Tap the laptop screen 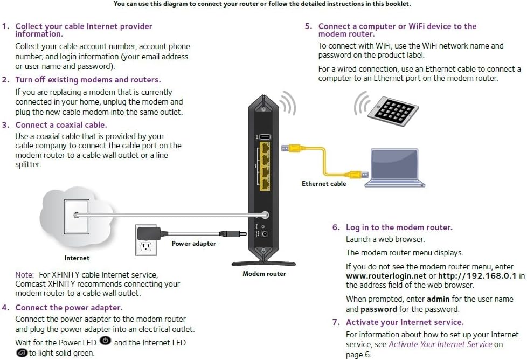[x=394, y=166]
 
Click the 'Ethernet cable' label [x=324, y=184]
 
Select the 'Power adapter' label [x=193, y=244]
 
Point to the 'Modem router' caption [x=264, y=274]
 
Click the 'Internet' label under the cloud [x=77, y=258]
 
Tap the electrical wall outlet [x=145, y=245]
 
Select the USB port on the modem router [x=265, y=137]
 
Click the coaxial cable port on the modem [x=264, y=214]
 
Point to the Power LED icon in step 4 [x=106, y=342]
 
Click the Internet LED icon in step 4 [x=22, y=353]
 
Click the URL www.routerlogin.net [x=386, y=276]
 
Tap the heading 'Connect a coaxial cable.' [x=61, y=125]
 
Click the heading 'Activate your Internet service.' [x=404, y=322]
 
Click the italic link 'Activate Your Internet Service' [x=440, y=344]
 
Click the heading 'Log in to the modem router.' [x=399, y=227]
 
